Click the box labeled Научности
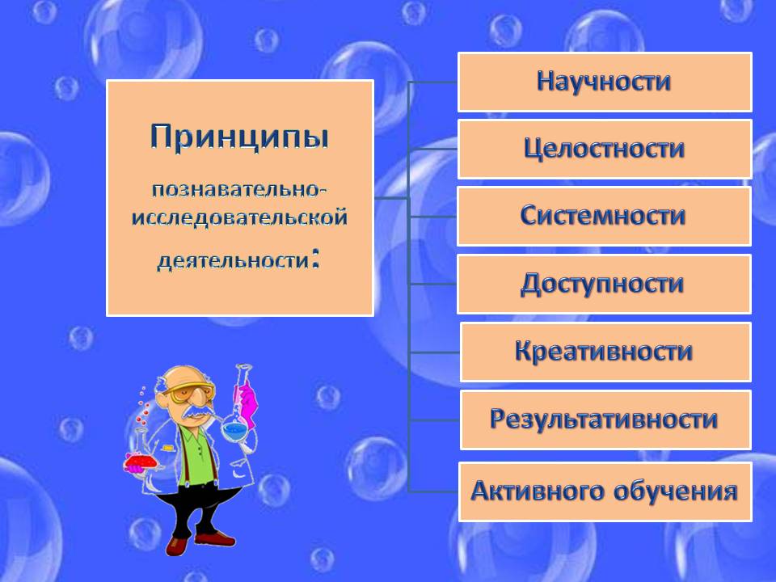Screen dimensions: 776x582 [x=605, y=82]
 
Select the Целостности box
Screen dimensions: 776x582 [x=605, y=149]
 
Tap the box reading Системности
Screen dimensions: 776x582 [x=605, y=217]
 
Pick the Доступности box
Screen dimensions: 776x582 [x=605, y=284]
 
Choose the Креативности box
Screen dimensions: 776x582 [x=605, y=352]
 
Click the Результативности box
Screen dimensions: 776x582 [x=605, y=420]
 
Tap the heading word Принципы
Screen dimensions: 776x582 [x=239, y=137]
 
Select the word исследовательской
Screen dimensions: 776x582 [x=239, y=217]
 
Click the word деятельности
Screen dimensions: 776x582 [x=233, y=260]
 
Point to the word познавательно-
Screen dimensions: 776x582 [x=239, y=189]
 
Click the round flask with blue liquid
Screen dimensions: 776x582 [x=234, y=428]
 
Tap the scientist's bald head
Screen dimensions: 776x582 [x=184, y=375]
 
